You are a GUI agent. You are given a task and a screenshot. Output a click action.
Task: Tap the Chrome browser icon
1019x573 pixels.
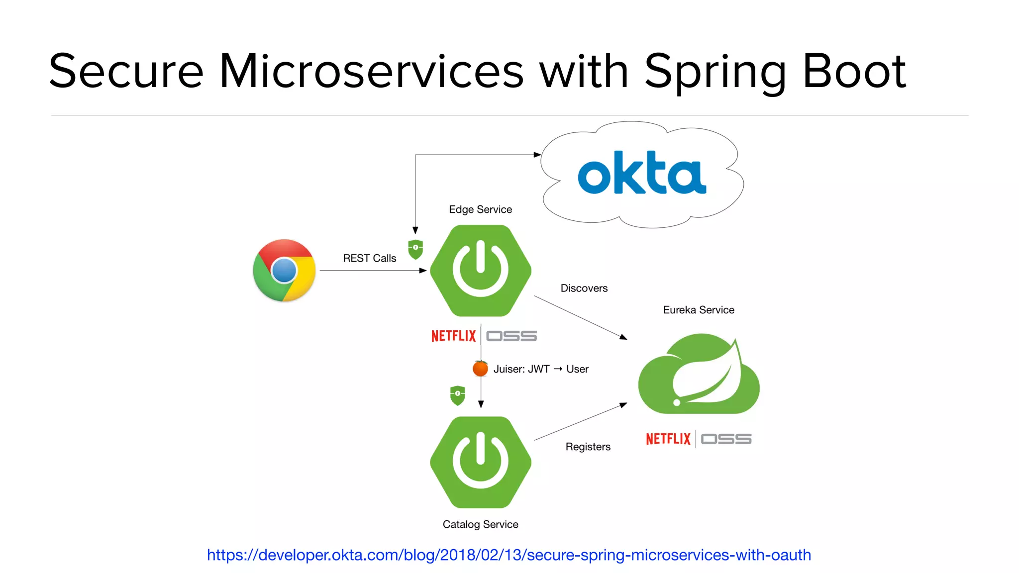(284, 271)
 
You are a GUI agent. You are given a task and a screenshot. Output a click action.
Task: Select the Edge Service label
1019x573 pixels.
(480, 209)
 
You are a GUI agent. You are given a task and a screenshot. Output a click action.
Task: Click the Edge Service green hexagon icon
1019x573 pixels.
(481, 271)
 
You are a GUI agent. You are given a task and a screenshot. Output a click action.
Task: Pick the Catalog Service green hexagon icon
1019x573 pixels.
(481, 462)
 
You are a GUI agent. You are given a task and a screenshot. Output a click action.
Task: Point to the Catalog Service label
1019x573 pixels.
(480, 524)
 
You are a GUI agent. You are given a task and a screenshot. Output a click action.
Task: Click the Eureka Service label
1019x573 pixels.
(698, 310)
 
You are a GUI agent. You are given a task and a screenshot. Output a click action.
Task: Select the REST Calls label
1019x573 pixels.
(369, 258)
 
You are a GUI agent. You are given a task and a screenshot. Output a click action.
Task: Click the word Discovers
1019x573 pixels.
(584, 288)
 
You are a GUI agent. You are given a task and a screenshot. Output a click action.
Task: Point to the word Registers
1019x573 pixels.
(588, 447)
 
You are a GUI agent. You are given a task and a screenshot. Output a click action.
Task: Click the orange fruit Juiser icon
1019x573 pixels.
(480, 369)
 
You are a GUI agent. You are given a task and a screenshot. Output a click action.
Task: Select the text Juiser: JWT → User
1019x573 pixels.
(541, 369)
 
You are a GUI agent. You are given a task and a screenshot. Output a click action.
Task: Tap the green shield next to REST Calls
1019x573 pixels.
(415, 249)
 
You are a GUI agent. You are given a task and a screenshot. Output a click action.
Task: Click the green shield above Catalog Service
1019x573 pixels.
(457, 395)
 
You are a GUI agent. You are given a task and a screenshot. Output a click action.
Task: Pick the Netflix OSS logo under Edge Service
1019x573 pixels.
(484, 336)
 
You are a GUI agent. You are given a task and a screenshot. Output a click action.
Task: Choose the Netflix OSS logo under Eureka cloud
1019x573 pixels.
(698, 439)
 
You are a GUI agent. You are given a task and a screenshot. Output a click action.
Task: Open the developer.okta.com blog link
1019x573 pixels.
(509, 555)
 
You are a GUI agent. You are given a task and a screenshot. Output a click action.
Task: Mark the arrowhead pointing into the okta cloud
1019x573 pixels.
(537, 155)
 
